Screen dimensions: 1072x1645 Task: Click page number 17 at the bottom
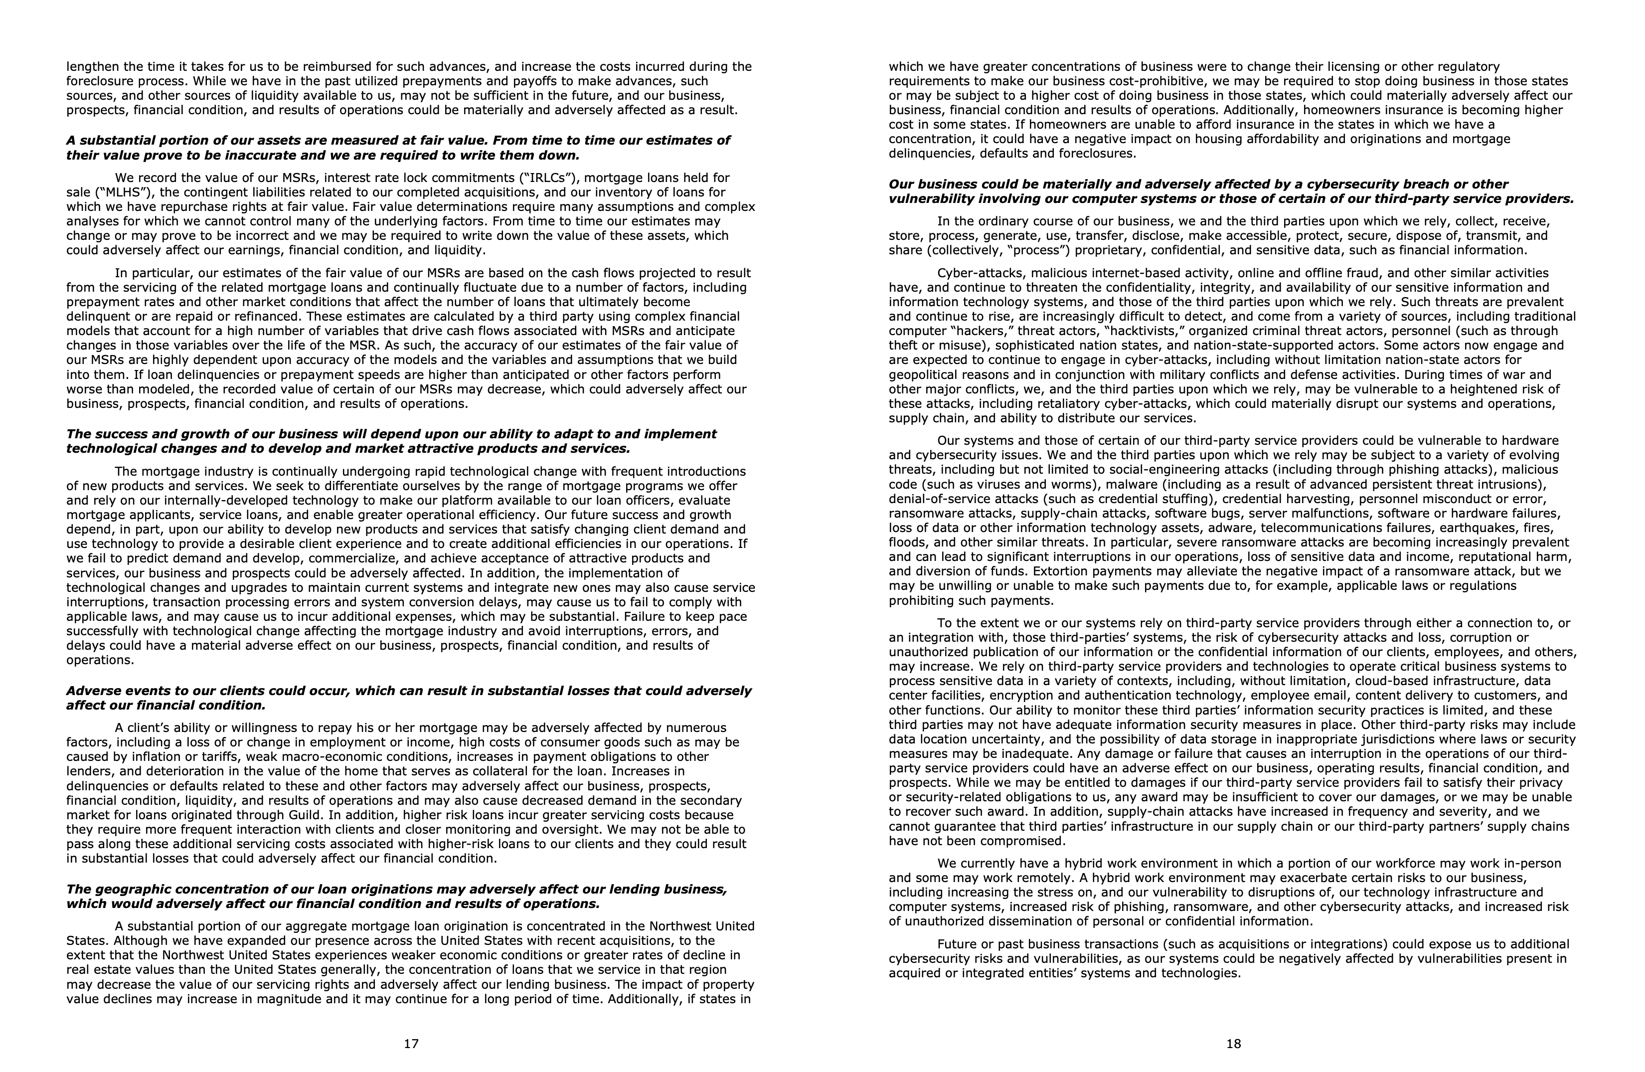click(x=411, y=1044)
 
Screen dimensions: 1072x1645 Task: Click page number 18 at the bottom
click(x=1234, y=1044)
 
